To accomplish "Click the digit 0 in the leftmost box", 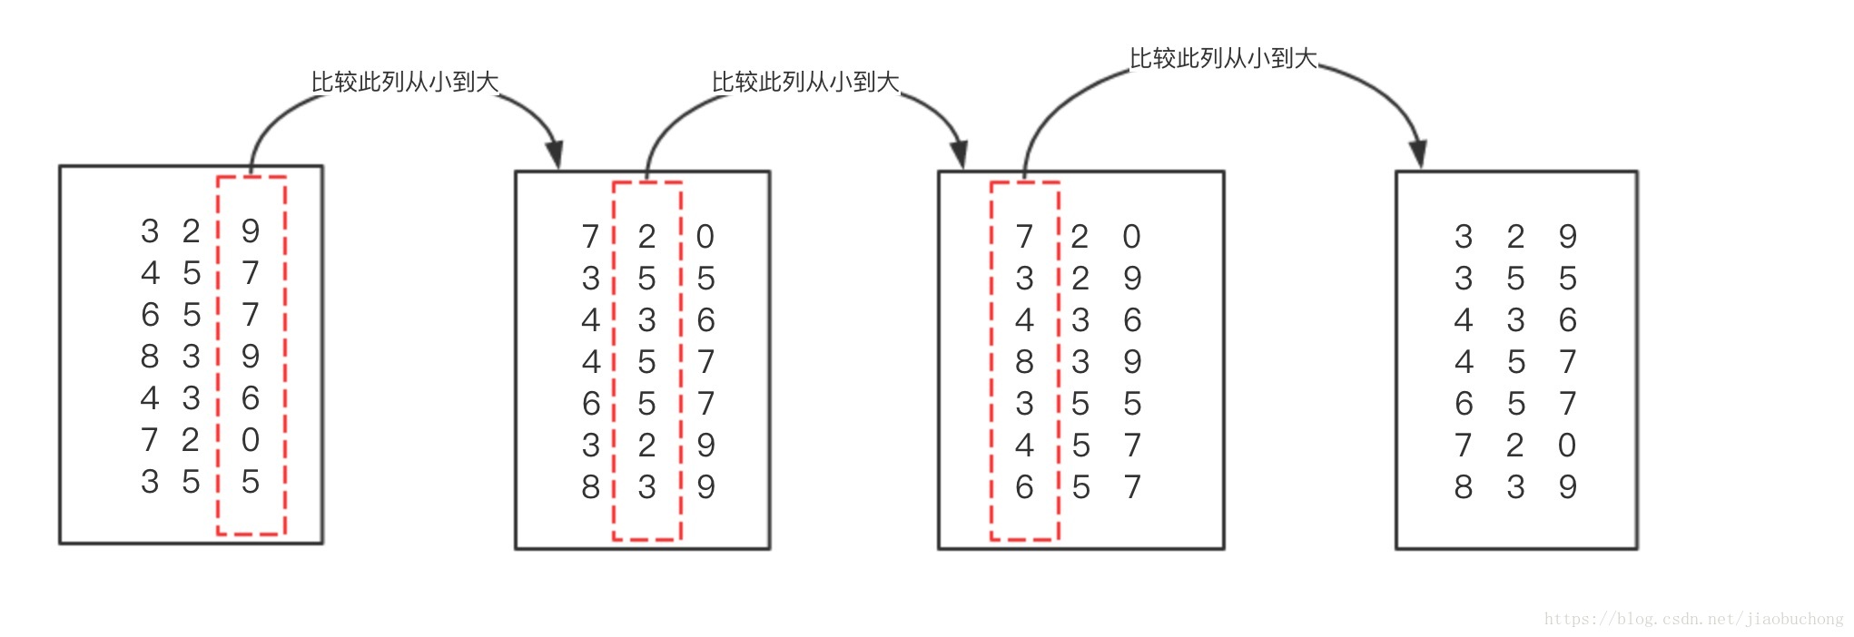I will coord(251,440).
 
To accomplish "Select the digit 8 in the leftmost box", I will coord(150,357).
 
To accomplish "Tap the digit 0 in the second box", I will coord(705,237).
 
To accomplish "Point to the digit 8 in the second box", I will coord(591,487).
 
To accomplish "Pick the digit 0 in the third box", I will coord(1131,237).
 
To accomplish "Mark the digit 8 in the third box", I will coord(1024,362).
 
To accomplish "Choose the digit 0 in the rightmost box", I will coord(1567,446).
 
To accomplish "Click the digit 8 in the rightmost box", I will coord(1464,487).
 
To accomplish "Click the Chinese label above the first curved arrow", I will coord(405,83).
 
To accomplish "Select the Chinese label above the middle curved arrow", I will coord(805,83).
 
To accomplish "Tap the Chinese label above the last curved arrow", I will coord(1223,59).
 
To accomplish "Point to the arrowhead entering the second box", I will coord(555,155).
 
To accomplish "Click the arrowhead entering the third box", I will coord(959,155).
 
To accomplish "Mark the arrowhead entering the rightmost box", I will coord(1418,155).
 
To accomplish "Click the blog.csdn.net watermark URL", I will coord(1693,619).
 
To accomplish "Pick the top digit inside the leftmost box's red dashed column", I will coord(251,231).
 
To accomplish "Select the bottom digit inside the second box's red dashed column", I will coord(646,487).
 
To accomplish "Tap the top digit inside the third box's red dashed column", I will coord(1024,237).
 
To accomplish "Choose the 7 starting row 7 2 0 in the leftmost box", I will coord(150,440).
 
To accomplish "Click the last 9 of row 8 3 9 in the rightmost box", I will coord(1567,487).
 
